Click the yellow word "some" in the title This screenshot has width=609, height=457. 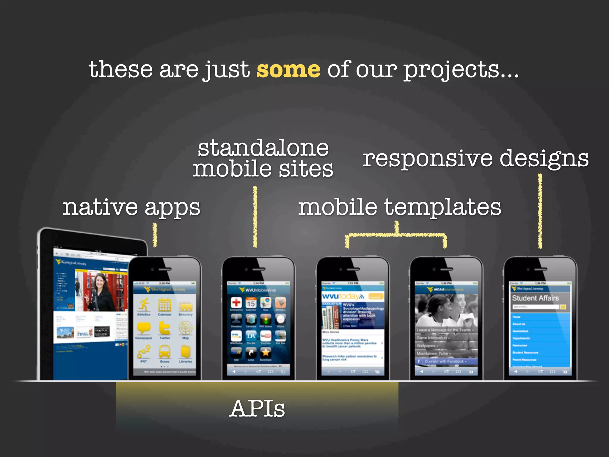288,70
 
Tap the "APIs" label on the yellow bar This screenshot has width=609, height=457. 257,409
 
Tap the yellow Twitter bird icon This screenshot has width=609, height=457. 164,328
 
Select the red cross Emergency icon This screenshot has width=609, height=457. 236,303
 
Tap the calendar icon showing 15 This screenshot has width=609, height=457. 251,303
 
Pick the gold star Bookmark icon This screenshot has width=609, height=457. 266,353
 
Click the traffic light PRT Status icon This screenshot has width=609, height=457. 266,320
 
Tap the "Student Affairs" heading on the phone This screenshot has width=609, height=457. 535,298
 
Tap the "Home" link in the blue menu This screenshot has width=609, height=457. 517,317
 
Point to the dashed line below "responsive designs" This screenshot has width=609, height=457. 540,211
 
